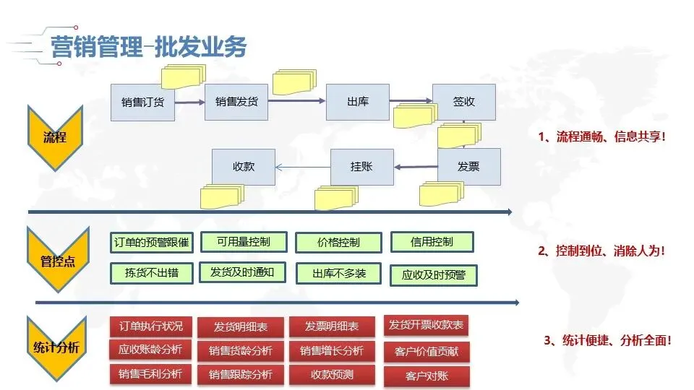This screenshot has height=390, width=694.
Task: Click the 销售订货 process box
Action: point(142,102)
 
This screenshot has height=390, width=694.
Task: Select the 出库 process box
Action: point(358,102)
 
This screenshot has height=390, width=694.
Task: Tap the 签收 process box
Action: point(463,102)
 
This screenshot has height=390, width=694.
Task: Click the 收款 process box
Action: point(244,167)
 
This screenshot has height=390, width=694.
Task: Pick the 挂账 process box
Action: point(361,167)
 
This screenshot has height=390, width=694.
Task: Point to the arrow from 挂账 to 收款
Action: point(303,168)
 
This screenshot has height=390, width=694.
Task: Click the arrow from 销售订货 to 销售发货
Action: point(189,102)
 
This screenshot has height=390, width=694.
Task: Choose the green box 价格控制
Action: point(338,243)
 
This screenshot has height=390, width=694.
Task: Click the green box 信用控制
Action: point(432,242)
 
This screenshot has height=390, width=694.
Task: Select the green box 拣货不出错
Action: point(151,273)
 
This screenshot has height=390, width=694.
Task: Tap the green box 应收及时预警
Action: point(434,274)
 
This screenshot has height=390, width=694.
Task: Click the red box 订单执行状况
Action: point(150,326)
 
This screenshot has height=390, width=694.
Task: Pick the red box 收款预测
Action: point(333,375)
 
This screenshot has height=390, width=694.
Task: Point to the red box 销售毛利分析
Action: point(150,374)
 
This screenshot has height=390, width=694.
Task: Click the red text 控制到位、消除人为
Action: point(601,251)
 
